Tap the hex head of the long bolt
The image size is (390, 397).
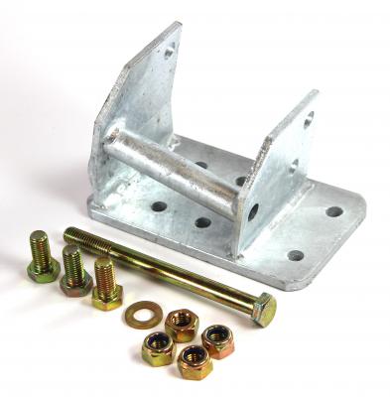(x=263, y=311)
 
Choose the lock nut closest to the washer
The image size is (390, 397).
(x=181, y=324)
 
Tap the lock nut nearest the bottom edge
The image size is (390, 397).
(x=195, y=361)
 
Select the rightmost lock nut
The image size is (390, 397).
(x=219, y=339)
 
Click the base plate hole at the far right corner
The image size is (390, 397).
(x=333, y=211)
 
